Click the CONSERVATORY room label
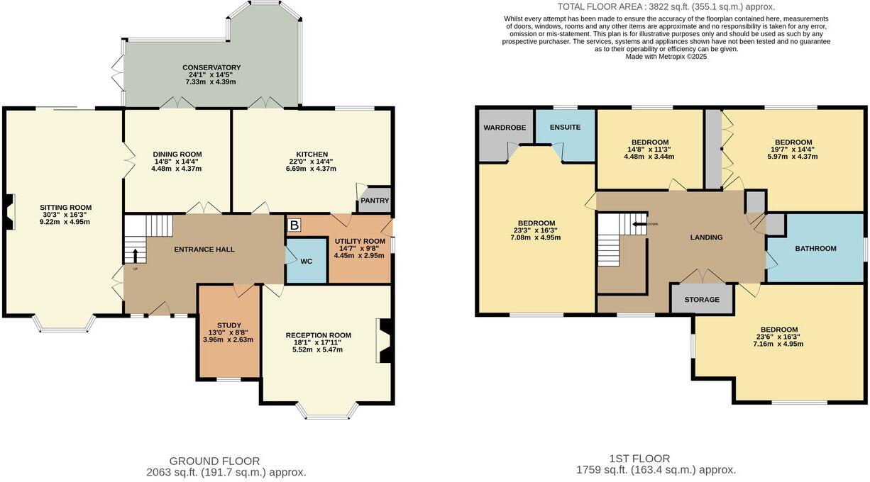tap(211, 67)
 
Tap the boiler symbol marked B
tap(294, 225)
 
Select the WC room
tap(306, 262)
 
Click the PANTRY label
tap(375, 201)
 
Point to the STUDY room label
tap(228, 325)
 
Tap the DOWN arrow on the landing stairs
tap(639, 224)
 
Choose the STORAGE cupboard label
tap(701, 299)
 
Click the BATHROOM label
tap(815, 249)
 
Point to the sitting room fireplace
tap(8, 212)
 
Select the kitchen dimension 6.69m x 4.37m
tap(312, 169)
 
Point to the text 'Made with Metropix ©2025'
tap(666, 57)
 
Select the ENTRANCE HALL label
tap(204, 250)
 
